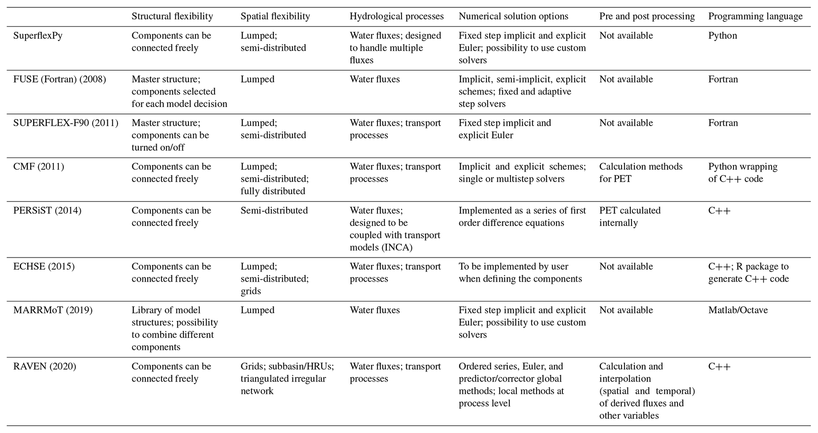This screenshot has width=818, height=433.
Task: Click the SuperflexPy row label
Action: click(38, 36)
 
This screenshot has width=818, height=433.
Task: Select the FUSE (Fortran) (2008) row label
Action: click(59, 79)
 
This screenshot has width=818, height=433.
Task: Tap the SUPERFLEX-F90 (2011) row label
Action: click(66, 123)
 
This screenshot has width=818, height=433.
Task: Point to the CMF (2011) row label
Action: click(38, 167)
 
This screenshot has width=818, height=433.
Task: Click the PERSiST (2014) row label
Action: click(47, 211)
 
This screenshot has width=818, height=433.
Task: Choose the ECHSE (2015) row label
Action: click(44, 266)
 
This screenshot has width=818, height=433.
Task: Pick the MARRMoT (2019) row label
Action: click(53, 310)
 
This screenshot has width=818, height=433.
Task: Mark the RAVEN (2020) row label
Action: click(44, 367)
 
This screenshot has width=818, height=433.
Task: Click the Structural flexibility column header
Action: click(172, 16)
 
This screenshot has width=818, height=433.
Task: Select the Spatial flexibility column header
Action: click(275, 16)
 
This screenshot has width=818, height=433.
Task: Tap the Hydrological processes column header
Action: click(397, 16)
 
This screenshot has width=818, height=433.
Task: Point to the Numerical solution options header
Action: click(513, 16)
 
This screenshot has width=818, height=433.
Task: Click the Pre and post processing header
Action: click(647, 16)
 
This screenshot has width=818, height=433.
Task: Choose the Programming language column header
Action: click(755, 16)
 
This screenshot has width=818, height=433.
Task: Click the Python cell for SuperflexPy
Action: click(722, 36)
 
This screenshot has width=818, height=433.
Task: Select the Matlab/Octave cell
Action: click(738, 310)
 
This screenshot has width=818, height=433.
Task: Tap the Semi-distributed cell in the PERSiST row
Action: click(274, 211)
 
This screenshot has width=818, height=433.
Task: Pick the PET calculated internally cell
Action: click(630, 216)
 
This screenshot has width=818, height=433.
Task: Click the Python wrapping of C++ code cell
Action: click(742, 173)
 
